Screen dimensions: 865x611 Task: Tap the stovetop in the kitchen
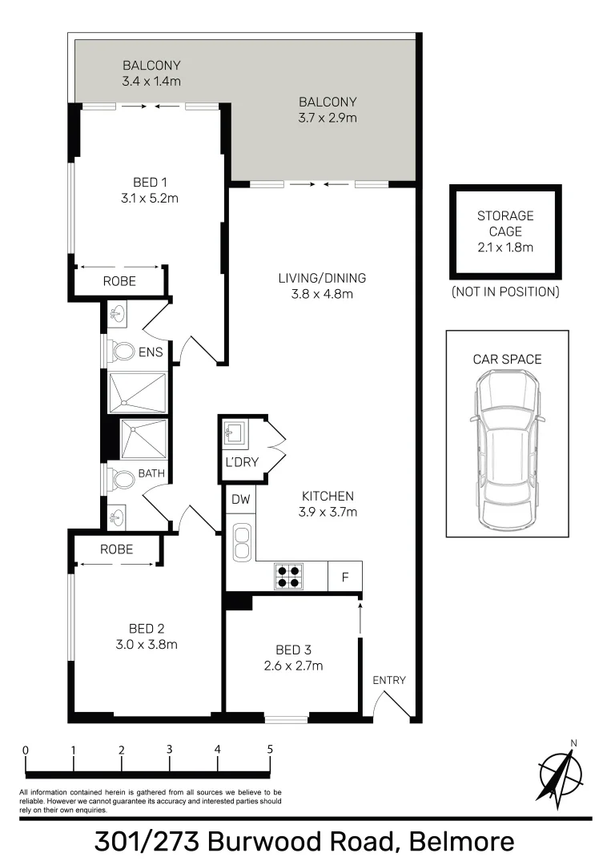click(288, 577)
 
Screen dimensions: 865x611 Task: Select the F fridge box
click(345, 577)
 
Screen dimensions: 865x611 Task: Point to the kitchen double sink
click(241, 541)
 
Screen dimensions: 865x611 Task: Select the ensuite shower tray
click(138, 392)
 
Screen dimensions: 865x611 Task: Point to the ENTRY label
click(389, 681)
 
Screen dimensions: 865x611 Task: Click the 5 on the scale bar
click(270, 750)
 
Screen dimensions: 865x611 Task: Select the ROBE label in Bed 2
click(117, 549)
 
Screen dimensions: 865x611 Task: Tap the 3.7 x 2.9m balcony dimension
click(328, 118)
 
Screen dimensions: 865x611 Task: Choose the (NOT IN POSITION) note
click(505, 292)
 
